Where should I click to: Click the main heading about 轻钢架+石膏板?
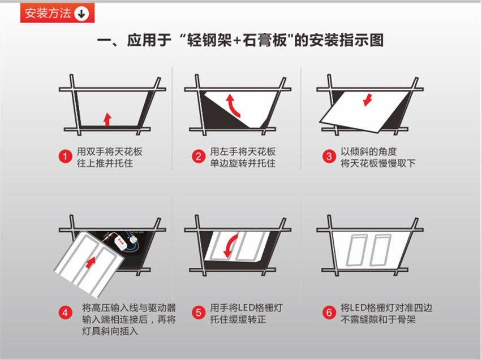(x=240, y=41)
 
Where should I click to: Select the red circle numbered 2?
(x=197, y=157)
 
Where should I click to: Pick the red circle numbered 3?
(x=329, y=157)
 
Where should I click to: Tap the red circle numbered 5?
(x=197, y=311)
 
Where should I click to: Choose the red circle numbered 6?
(x=329, y=311)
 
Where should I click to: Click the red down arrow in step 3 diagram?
(x=368, y=99)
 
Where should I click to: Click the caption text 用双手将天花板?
(x=109, y=151)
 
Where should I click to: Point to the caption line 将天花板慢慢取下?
(x=378, y=163)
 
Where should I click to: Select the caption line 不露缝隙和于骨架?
(x=378, y=319)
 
